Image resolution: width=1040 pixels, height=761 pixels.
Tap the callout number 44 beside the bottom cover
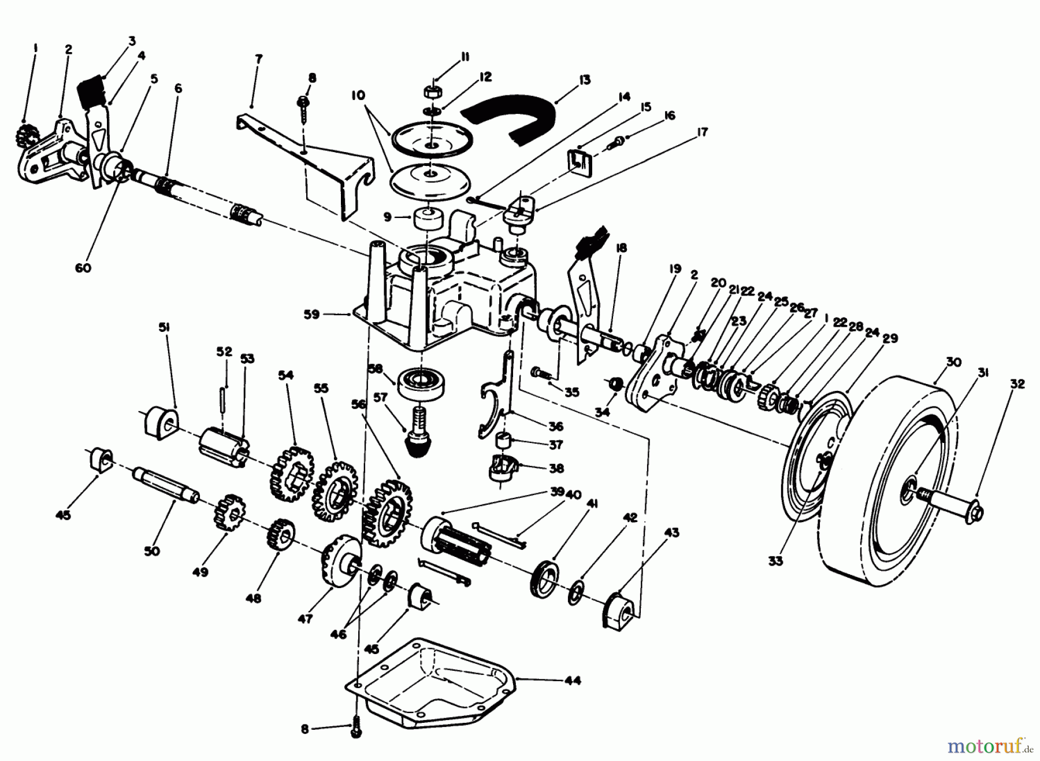coord(572,680)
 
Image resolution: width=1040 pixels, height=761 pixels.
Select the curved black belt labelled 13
coord(508,119)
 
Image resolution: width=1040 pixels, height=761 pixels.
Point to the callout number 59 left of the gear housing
coord(312,315)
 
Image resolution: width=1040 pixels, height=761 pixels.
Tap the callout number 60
coord(83,268)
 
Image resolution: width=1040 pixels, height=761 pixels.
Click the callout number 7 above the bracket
coord(258,59)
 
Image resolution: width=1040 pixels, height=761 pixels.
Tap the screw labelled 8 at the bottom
coord(356,730)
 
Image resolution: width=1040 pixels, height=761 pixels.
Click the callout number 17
coord(701,132)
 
